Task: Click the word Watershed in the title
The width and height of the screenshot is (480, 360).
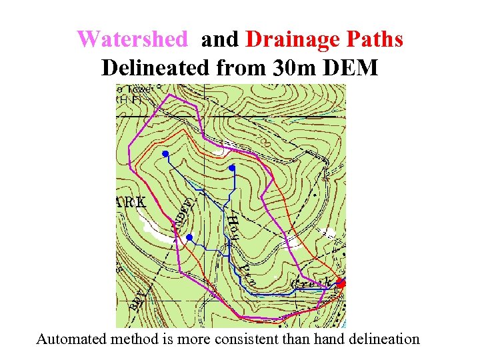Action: coord(132,39)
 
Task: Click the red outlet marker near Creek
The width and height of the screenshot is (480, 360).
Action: coord(341,283)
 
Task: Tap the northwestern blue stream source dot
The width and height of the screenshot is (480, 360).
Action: coord(165,154)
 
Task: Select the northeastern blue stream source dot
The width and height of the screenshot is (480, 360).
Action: coord(231,168)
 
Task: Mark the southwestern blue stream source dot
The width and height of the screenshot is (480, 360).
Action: coord(189,237)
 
